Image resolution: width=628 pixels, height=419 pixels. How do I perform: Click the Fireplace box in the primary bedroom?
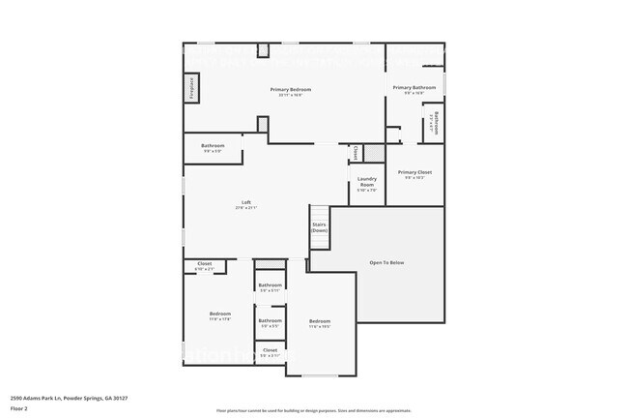tap(191, 88)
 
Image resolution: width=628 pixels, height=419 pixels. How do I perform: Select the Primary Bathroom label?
tap(414, 89)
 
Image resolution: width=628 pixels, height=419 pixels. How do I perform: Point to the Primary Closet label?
tap(414, 174)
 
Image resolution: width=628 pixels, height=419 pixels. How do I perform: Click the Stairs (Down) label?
tap(319, 228)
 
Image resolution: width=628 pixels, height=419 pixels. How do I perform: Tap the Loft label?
tap(246, 204)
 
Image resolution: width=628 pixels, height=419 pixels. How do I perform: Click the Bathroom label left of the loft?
tap(213, 148)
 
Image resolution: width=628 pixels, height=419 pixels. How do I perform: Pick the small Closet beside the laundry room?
tap(356, 152)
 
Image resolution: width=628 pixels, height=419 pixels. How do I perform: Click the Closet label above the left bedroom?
tap(205, 265)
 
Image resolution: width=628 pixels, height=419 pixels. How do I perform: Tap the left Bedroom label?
tap(220, 315)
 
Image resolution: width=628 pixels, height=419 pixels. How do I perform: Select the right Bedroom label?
tap(320, 323)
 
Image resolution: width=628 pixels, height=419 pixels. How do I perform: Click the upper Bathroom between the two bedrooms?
tap(271, 286)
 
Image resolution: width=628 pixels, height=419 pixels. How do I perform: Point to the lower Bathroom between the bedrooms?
tap(271, 322)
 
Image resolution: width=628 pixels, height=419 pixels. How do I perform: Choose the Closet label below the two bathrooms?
tap(271, 352)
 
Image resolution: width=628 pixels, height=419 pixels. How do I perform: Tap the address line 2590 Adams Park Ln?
tap(70, 398)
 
